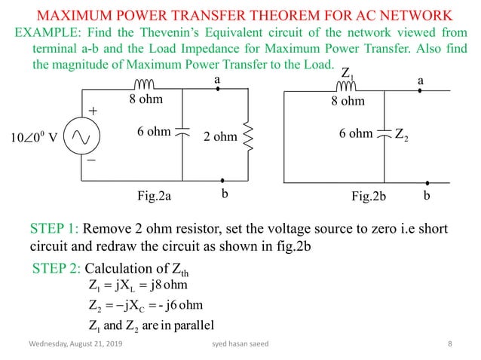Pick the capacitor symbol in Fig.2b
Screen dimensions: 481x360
tap(386, 134)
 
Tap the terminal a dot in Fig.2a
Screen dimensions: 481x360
tap(218, 89)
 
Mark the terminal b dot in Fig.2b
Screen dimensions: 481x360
tap(427, 182)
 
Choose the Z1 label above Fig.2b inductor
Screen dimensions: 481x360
tap(348, 75)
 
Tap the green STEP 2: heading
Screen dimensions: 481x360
tap(57, 269)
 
